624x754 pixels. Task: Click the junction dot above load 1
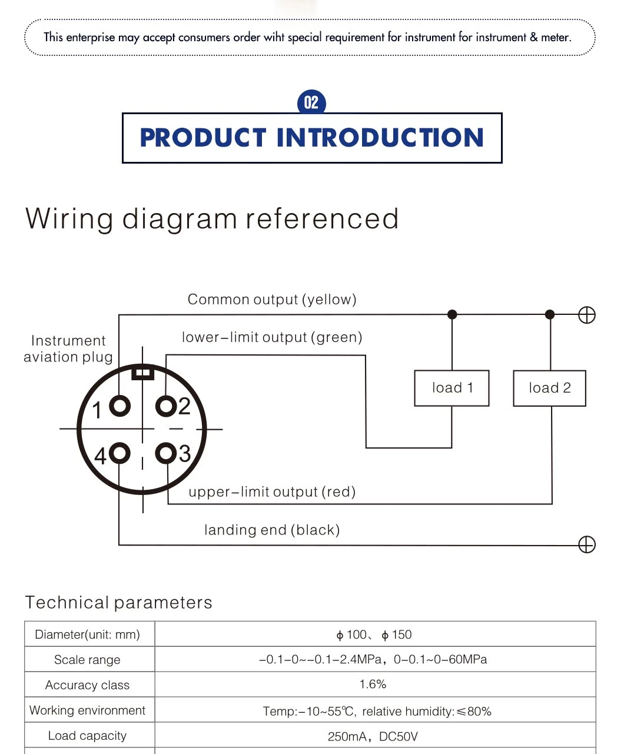452,314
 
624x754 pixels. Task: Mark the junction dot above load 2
550,314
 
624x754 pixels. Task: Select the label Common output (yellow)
272,300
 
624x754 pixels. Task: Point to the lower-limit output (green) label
272,338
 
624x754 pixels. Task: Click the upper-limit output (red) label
272,492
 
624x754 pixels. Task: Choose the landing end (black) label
272,530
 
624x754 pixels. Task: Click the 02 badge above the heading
311,103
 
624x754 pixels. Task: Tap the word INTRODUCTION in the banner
380,138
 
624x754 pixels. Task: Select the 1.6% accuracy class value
373,685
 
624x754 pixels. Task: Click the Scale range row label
87,660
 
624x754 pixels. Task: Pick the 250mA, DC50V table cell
373,737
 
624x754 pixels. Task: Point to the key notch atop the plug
142,373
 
